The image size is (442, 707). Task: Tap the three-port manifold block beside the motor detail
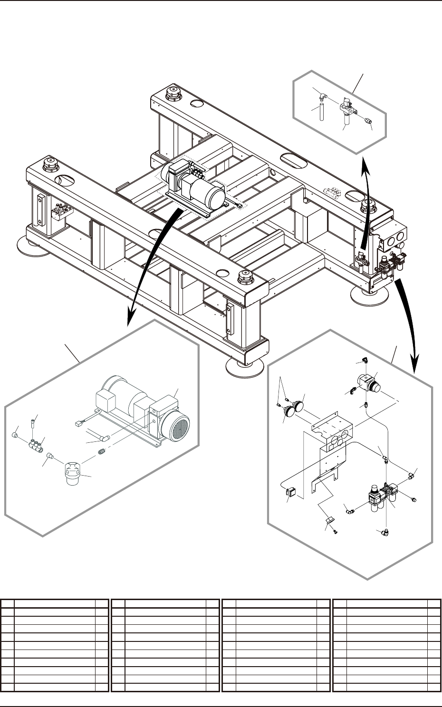click(x=35, y=445)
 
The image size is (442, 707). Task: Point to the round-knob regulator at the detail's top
click(x=371, y=383)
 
